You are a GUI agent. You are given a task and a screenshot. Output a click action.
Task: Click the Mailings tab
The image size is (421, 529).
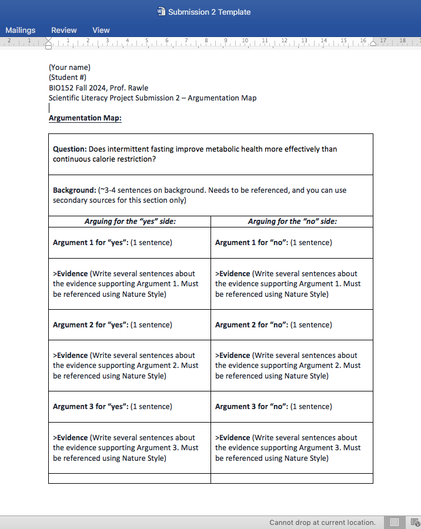pyautogui.click(x=21, y=30)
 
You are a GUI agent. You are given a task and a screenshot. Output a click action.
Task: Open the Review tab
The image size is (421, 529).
pyautogui.click(x=64, y=30)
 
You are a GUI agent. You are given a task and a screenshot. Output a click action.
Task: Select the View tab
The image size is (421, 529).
pyautogui.click(x=101, y=30)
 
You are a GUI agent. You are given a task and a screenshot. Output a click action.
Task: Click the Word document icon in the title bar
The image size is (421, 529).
pyautogui.click(x=162, y=12)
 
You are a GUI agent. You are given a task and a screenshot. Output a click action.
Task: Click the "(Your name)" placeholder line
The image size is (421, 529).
pyautogui.click(x=69, y=67)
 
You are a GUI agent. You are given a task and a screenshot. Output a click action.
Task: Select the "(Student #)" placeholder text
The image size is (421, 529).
pyautogui.click(x=68, y=78)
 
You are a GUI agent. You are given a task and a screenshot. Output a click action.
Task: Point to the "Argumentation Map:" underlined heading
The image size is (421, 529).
pyautogui.click(x=85, y=118)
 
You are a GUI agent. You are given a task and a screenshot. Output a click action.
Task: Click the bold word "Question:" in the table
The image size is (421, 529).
pyautogui.click(x=70, y=149)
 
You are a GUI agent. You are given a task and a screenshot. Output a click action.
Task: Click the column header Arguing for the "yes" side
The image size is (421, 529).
pyautogui.click(x=130, y=222)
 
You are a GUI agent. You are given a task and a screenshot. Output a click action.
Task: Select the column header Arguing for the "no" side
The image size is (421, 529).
pyautogui.click(x=292, y=222)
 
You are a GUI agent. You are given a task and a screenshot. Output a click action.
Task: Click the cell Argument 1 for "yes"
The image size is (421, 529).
pyautogui.click(x=112, y=243)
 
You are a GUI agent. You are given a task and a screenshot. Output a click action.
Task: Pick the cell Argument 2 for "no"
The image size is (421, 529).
pyautogui.click(x=273, y=325)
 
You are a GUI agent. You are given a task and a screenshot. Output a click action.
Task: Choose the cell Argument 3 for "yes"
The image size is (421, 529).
pyautogui.click(x=112, y=407)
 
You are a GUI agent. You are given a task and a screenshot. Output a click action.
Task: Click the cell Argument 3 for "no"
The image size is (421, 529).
pyautogui.click(x=273, y=407)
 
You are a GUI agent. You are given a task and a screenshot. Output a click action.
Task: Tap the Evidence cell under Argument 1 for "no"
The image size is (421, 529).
pyautogui.click(x=288, y=284)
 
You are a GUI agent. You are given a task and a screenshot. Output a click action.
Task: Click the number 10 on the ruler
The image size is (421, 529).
pyautogui.click(x=245, y=41)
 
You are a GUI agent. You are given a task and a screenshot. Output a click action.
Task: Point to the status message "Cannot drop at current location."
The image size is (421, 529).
pyautogui.click(x=322, y=523)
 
